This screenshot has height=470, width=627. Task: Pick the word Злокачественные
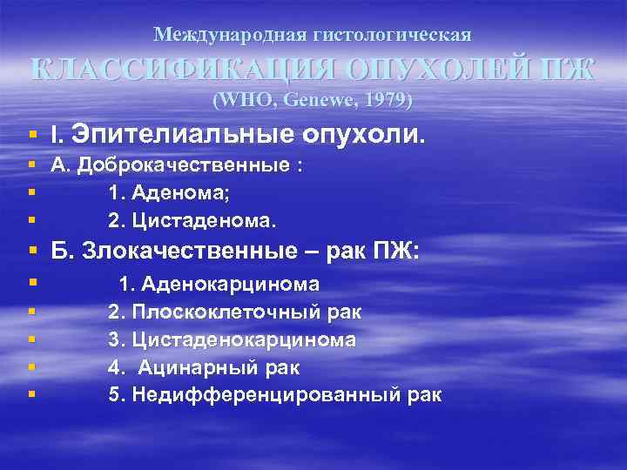(x=182, y=252)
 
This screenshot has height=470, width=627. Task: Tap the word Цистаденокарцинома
(x=245, y=339)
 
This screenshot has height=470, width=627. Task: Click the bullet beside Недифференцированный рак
(x=32, y=394)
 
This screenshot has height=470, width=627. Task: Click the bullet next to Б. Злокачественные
(x=32, y=252)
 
